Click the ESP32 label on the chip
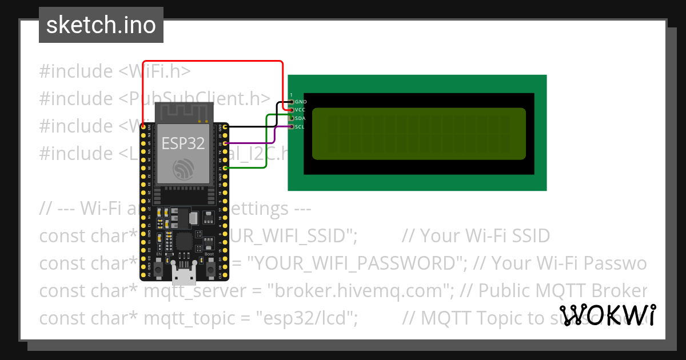click(x=183, y=143)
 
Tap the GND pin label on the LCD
click(x=301, y=102)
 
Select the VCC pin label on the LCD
click(x=301, y=110)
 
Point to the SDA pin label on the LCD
click(x=301, y=118)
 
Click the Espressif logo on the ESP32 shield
click(x=183, y=167)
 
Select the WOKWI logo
click(x=608, y=315)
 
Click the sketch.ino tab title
click(x=101, y=25)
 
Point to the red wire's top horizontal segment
click(x=212, y=61)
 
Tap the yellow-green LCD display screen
click(x=418, y=133)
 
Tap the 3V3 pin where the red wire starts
click(x=142, y=126)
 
